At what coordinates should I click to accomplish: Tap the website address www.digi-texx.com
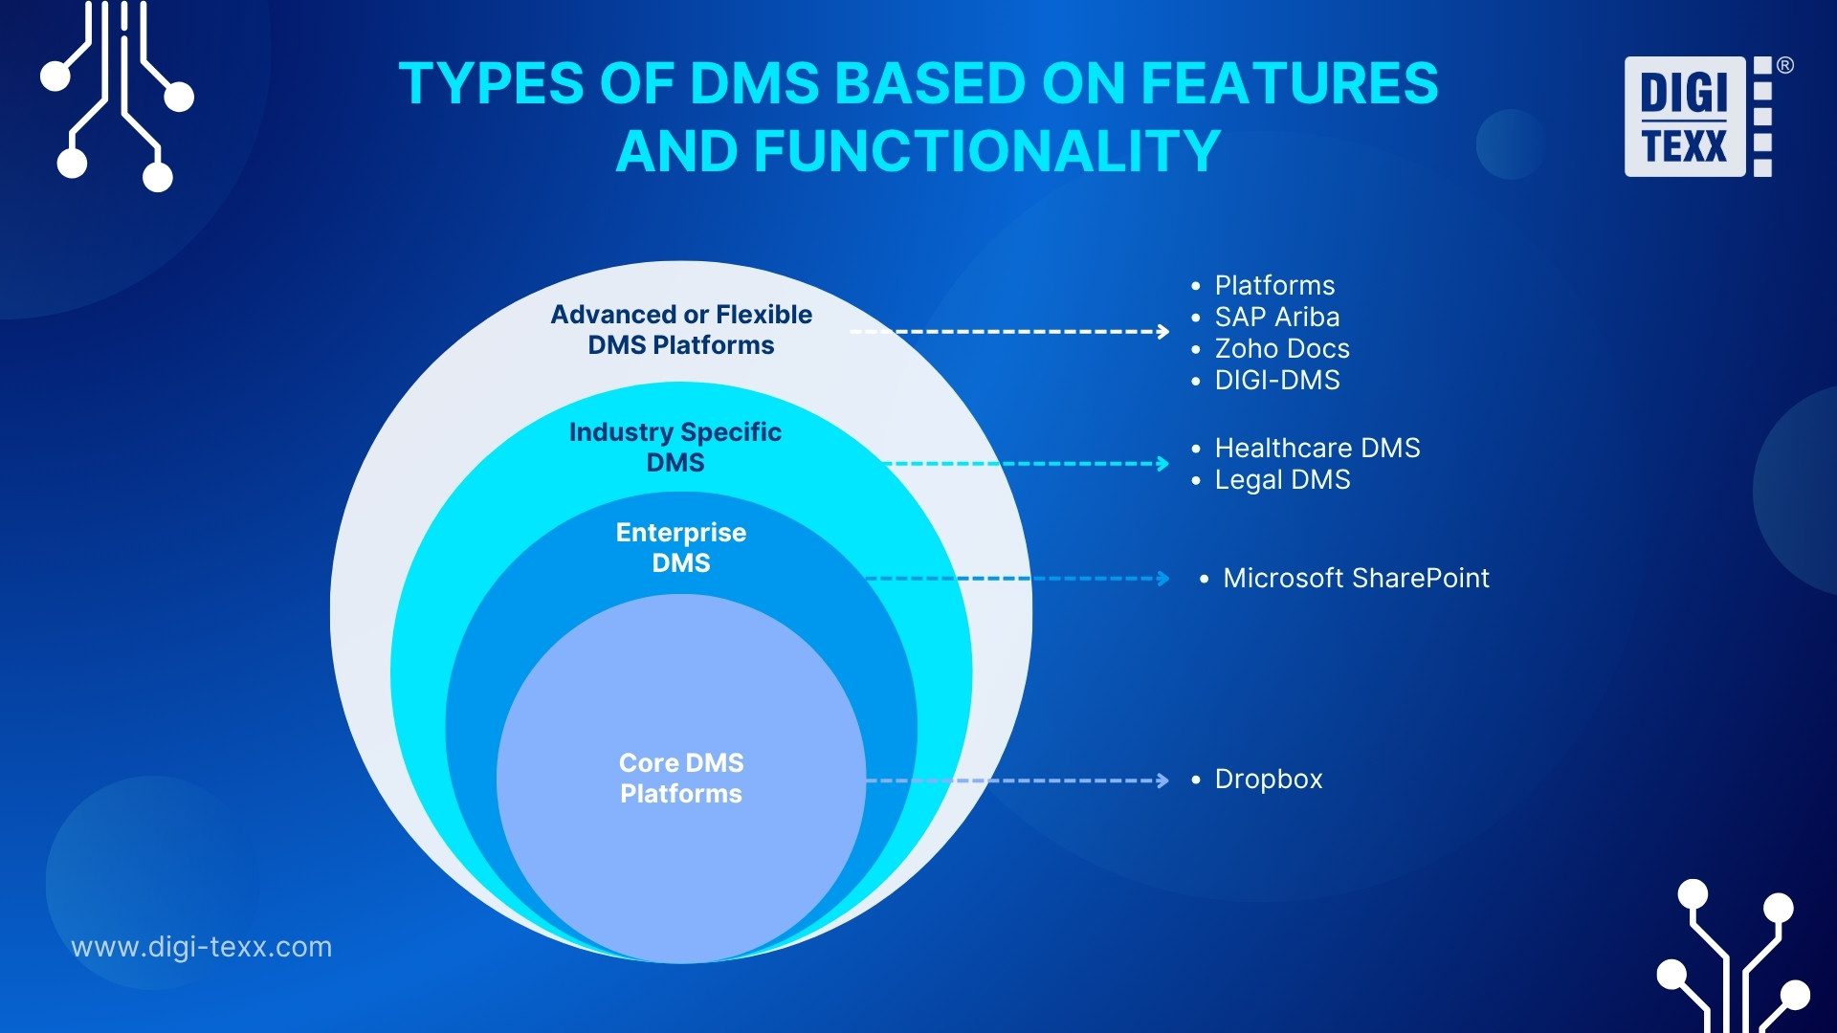[x=202, y=947]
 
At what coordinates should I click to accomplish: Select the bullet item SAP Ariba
[x=1276, y=318]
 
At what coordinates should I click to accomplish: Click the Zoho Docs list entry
[x=1281, y=349]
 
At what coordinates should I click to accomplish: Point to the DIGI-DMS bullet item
[x=1276, y=381]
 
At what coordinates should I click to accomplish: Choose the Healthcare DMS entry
[x=1317, y=449]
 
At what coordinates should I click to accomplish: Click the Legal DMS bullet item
[x=1281, y=480]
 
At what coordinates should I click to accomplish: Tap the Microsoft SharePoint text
[x=1355, y=579]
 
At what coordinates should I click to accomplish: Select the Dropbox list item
[x=1268, y=780]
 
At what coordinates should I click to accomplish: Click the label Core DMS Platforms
[x=681, y=779]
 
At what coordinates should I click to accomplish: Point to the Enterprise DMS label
[x=681, y=548]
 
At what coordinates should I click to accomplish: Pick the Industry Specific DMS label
[x=675, y=448]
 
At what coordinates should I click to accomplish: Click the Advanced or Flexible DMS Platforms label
[x=681, y=330]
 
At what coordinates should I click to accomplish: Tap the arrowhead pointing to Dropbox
[x=1162, y=780]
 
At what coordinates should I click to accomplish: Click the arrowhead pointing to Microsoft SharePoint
[x=1162, y=579]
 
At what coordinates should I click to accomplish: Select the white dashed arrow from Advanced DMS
[x=1009, y=332]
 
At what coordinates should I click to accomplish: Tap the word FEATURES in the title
[x=1289, y=83]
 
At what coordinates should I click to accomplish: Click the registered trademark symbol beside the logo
[x=1784, y=66]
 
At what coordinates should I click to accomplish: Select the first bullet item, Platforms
[x=1273, y=286]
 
